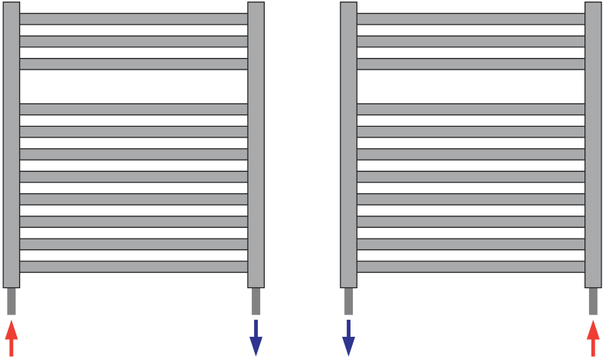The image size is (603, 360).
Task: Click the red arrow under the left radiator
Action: click(11, 338)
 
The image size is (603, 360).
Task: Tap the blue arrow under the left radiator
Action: click(256, 338)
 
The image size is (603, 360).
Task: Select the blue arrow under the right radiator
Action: click(348, 338)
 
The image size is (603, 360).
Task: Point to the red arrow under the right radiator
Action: click(593, 338)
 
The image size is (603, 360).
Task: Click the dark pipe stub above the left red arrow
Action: click(11, 301)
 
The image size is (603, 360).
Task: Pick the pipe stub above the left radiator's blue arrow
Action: click(256, 301)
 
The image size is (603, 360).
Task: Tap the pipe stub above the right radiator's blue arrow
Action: click(348, 301)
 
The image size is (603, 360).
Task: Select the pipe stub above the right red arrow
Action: click(593, 301)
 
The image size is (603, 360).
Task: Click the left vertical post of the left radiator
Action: click(11, 147)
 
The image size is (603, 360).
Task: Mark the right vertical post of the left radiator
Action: click(256, 147)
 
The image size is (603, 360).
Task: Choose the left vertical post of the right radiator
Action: click(348, 147)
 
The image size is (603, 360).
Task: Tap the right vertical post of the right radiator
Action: click(593, 147)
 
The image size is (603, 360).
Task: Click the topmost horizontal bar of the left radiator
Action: click(134, 19)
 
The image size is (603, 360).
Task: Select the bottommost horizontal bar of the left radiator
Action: click(134, 267)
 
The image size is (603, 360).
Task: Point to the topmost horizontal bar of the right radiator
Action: click(470, 19)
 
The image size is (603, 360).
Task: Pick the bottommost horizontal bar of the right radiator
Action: click(470, 267)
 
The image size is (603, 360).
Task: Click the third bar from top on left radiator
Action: click(134, 63)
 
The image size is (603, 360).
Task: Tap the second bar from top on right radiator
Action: click(470, 41)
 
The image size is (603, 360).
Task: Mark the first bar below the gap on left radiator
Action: click(134, 109)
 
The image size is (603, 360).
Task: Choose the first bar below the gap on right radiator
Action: click(470, 109)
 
